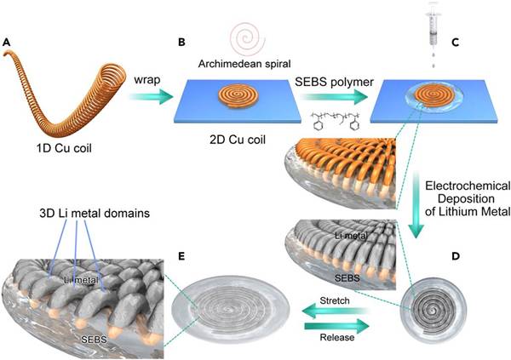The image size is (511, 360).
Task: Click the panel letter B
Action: pos(181,41)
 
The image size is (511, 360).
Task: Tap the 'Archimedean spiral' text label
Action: pos(244,62)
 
